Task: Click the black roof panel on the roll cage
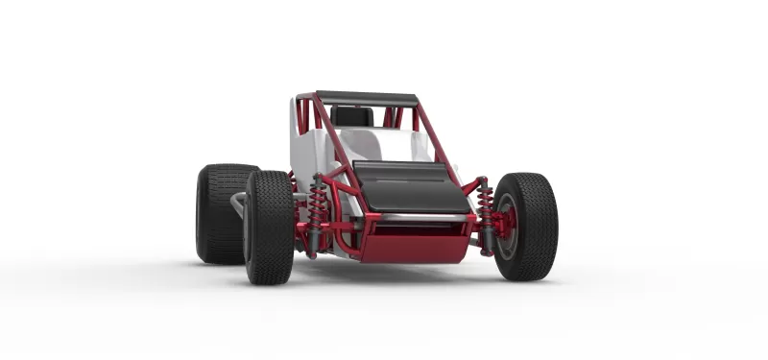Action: pos(367,98)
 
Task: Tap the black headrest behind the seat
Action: pos(352,116)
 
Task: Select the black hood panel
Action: pos(410,187)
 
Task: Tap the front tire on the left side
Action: pos(269,228)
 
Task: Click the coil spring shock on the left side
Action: pos(316,211)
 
